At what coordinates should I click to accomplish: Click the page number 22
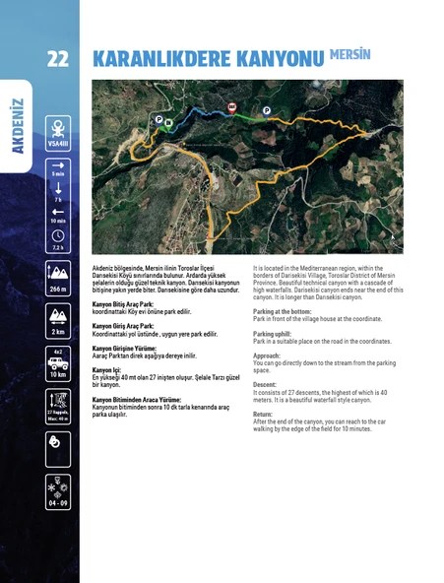56,58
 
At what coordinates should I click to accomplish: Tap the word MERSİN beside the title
350,52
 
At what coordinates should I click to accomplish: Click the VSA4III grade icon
58,133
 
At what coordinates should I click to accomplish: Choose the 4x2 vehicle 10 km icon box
58,363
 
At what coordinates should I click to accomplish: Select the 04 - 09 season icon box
58,492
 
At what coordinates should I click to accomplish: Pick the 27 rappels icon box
58,405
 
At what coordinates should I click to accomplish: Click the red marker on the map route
231,106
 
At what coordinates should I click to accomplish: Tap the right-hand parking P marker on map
267,111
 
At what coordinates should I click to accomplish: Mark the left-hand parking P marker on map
158,118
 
